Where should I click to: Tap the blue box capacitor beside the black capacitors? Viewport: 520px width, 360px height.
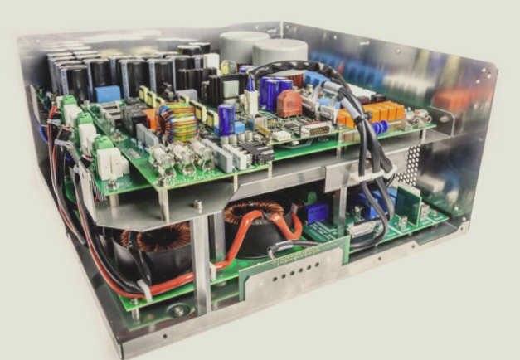(x=109, y=94)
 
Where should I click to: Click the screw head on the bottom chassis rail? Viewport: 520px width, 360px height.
(x=179, y=311)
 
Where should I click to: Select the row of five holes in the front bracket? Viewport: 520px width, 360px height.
(x=294, y=270)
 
